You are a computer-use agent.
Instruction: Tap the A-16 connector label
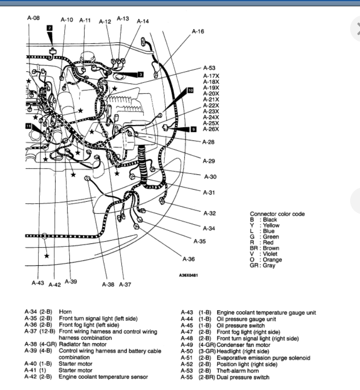pyautogui.click(x=198, y=31)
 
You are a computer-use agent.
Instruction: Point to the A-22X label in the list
pyautogui.click(x=211, y=105)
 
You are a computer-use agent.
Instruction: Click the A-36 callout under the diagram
pyautogui.click(x=188, y=259)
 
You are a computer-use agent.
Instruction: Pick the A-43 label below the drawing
pyautogui.click(x=38, y=283)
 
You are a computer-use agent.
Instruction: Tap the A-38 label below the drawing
pyautogui.click(x=108, y=284)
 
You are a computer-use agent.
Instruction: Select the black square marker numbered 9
pyautogui.click(x=193, y=129)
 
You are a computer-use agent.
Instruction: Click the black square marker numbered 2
pyautogui.click(x=50, y=28)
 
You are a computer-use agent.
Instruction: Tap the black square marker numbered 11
pyautogui.click(x=29, y=127)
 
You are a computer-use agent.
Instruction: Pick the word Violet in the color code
pyautogui.click(x=270, y=254)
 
